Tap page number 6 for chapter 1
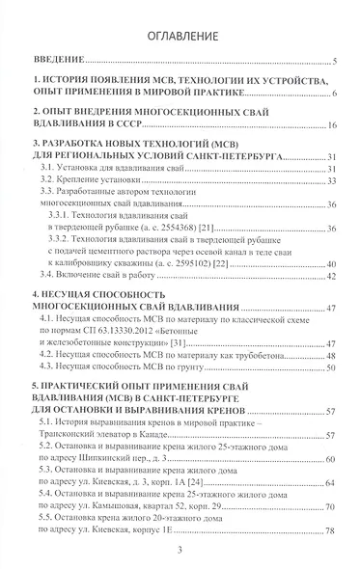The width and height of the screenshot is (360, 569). pyautogui.click(x=331, y=94)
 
